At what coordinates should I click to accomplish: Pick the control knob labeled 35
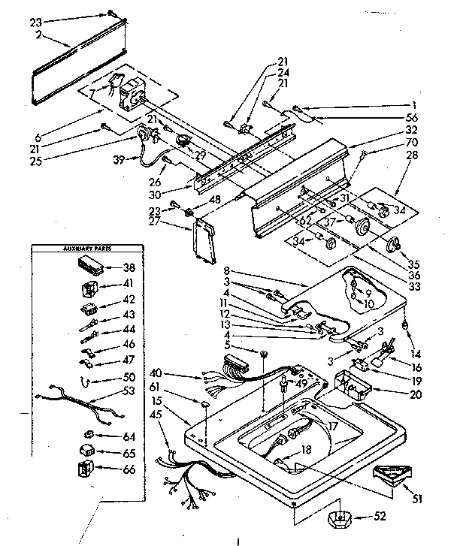point(393,245)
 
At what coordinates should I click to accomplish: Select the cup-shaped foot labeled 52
point(338,518)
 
